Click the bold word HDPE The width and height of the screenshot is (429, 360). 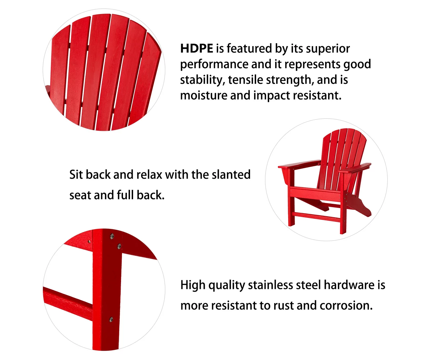coord(196,49)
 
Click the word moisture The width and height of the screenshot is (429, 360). coord(204,96)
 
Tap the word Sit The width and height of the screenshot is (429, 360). coord(76,174)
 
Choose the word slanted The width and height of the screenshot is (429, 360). coord(231,174)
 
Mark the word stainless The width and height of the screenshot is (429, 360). coord(270,285)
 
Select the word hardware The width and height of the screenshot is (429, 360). coord(349,285)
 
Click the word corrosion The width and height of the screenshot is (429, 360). coord(346,306)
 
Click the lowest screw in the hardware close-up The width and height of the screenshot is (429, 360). coord(111,319)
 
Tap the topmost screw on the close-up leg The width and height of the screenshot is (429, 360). coord(112,236)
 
